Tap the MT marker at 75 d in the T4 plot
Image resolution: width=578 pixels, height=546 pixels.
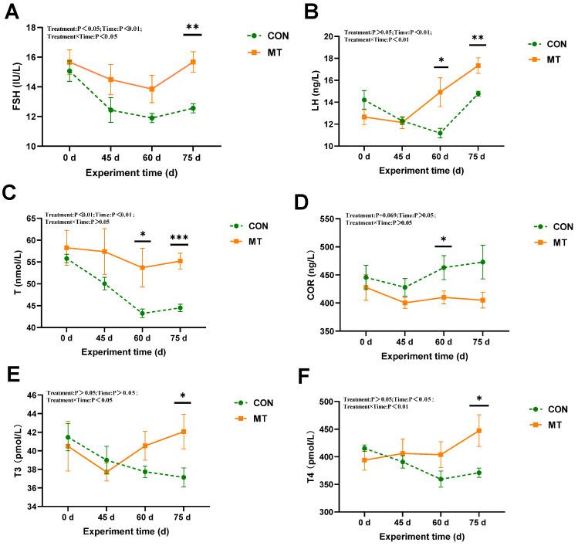tap(478, 430)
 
